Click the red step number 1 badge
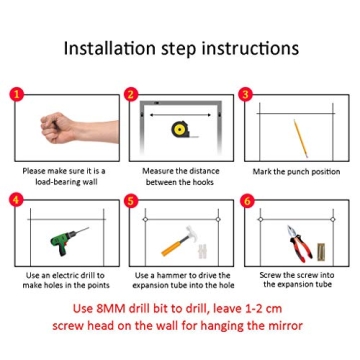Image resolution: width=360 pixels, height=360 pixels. [17, 95]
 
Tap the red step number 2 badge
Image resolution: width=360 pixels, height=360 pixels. [131, 95]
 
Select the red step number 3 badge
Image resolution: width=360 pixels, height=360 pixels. [246, 95]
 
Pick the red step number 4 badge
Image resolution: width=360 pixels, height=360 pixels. [17, 201]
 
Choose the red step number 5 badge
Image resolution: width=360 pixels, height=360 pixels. [131, 201]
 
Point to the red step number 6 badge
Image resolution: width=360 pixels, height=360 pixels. [246, 201]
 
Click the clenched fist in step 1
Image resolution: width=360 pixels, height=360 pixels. [57, 128]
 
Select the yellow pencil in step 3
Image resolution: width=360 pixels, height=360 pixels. [300, 138]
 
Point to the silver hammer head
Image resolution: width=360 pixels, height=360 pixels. [192, 232]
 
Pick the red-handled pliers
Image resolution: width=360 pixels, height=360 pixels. [299, 243]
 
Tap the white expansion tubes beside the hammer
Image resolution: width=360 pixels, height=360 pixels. [201, 251]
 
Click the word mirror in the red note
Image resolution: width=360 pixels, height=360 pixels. [285, 325]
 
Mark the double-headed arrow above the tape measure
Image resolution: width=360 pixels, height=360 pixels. [180, 115]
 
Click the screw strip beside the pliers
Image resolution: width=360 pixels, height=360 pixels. [321, 252]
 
